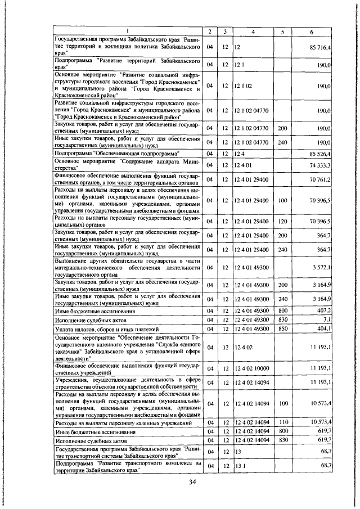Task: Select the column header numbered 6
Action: click(x=312, y=30)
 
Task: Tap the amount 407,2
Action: click(x=322, y=310)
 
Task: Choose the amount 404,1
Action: click(x=322, y=328)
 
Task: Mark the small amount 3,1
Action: click(x=326, y=319)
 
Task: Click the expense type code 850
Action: click(x=283, y=328)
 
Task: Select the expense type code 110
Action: click(x=283, y=422)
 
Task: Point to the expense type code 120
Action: click(x=283, y=222)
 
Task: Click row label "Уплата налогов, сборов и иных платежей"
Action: click(x=107, y=328)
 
